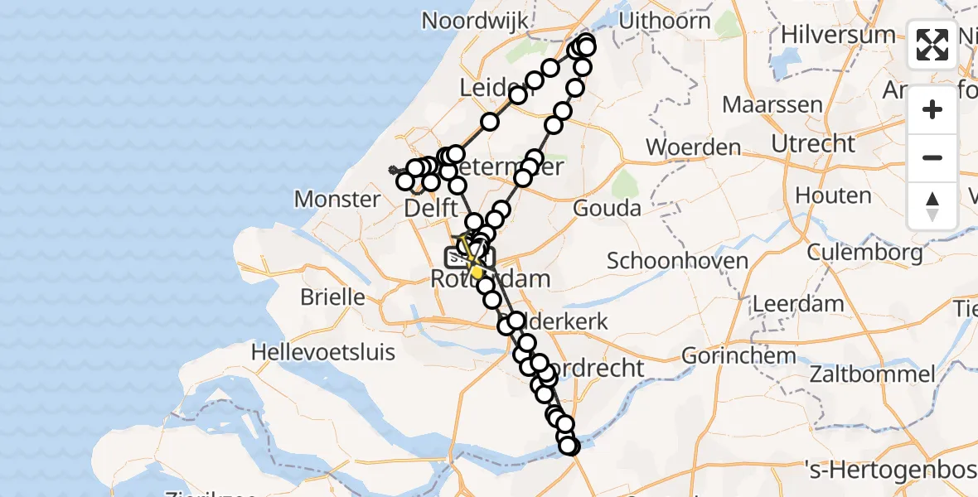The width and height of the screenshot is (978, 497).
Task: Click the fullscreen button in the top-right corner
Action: point(932,45)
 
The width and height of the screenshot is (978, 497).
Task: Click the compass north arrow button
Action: point(932,206)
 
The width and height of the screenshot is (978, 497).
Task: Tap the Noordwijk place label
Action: point(475,20)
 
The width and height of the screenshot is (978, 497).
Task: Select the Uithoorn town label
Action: point(665,21)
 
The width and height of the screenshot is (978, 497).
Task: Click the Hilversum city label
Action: point(838,35)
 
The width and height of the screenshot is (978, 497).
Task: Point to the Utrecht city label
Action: point(813,143)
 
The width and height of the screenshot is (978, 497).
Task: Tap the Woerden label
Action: point(693,148)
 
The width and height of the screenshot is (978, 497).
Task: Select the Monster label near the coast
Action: point(337,199)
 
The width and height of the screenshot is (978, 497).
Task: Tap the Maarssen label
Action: point(761,105)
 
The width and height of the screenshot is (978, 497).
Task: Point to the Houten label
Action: point(833,196)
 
